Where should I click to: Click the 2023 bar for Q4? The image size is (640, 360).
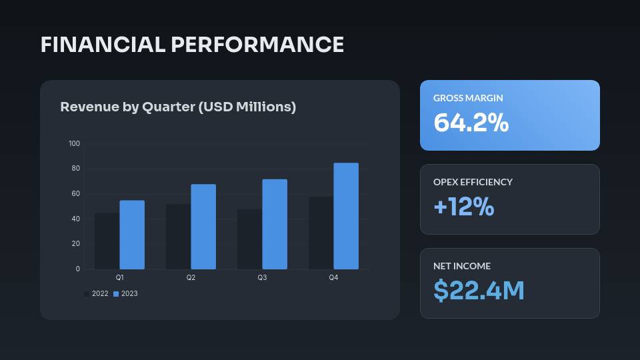tap(346, 216)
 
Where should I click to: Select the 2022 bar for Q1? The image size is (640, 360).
tap(107, 241)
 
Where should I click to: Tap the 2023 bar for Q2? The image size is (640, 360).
tap(203, 227)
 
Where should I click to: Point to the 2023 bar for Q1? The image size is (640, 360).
tap(132, 235)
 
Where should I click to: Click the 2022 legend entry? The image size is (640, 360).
tap(96, 293)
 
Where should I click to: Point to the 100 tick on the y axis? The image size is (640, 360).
tap(74, 143)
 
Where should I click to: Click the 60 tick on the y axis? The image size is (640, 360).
tap(76, 193)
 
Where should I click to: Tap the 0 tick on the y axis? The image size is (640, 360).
tap(78, 269)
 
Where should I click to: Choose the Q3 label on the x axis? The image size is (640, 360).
tap(262, 277)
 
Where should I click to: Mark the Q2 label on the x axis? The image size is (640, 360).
tap(191, 277)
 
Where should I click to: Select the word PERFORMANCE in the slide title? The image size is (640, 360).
tap(258, 45)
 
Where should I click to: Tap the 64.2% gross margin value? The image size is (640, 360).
tap(471, 123)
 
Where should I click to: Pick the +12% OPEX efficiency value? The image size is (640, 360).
tap(463, 207)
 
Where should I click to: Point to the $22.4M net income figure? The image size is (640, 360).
tap(479, 291)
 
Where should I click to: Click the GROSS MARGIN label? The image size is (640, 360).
tap(468, 98)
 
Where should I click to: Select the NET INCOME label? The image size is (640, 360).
tap(462, 266)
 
